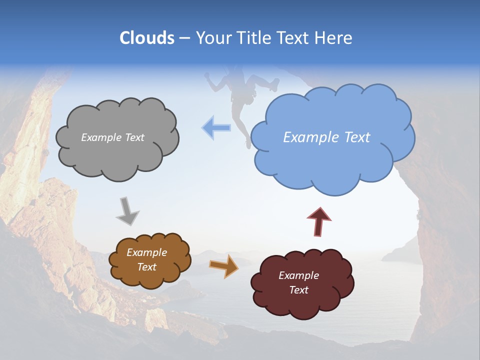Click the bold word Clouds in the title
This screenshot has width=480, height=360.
146,38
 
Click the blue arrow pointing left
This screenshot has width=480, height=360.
216,127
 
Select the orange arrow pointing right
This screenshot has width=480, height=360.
224,266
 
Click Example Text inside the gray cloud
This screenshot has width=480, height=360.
112,137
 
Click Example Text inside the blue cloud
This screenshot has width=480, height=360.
326,137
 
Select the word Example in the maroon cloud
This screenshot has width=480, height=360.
298,275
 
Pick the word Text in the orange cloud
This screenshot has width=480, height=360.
146,267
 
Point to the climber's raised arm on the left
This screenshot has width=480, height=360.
214,82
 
